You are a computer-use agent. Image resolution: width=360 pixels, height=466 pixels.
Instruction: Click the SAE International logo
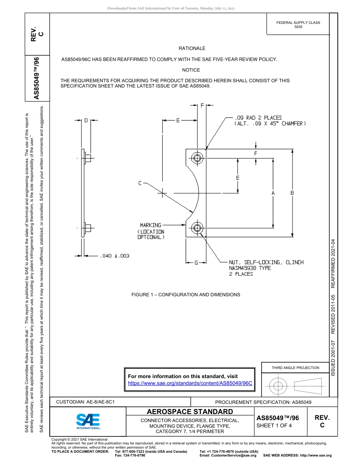pos(88,420)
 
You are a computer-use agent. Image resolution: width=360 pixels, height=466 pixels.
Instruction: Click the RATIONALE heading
pos(192,48)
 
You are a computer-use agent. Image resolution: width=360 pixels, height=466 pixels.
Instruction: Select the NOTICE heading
pos(191,70)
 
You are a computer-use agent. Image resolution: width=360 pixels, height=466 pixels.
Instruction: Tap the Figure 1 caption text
pos(186,294)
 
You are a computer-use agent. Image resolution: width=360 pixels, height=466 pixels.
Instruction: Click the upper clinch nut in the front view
pos(197,158)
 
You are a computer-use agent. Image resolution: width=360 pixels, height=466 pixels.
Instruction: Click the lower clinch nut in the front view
pos(197,228)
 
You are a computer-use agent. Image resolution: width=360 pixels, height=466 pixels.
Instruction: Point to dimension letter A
pos(273,193)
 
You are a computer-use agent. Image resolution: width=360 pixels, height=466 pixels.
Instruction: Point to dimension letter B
pos(292,193)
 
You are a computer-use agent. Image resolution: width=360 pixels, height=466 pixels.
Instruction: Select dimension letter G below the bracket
pos(196,262)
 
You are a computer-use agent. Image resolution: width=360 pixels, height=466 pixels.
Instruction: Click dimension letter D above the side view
pos(86,120)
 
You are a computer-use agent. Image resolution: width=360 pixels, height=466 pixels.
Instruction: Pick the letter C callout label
pos(140,183)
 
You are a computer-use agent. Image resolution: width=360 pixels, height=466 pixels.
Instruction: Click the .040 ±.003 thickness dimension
pos(114,256)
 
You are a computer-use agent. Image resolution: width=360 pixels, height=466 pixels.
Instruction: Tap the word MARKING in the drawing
pos(150,225)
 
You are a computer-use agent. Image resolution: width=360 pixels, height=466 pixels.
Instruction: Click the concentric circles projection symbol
pos(278,386)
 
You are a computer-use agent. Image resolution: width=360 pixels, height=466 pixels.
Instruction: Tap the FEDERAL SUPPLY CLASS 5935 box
pos(298,25)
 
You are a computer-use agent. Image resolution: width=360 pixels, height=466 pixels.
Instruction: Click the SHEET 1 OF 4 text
pos(274,425)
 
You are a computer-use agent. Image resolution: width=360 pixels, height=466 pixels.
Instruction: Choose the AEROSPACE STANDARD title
pos(190,412)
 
